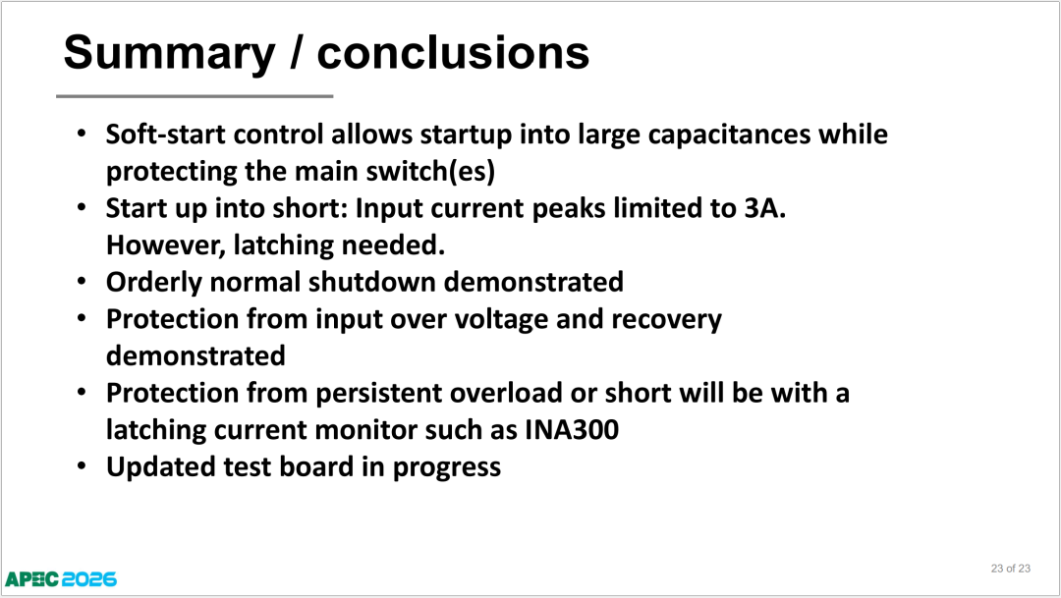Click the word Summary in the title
(x=170, y=53)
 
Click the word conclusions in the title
(x=453, y=52)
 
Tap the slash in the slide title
(x=296, y=52)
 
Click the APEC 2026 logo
(x=61, y=579)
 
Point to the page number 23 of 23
(x=1010, y=569)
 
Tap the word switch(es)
(x=430, y=171)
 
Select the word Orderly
(x=153, y=283)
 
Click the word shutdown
(x=371, y=282)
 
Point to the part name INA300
(x=572, y=430)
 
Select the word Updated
(x=160, y=467)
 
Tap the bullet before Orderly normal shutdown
(x=82, y=281)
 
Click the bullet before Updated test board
(x=82, y=465)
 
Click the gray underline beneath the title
(x=195, y=96)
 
